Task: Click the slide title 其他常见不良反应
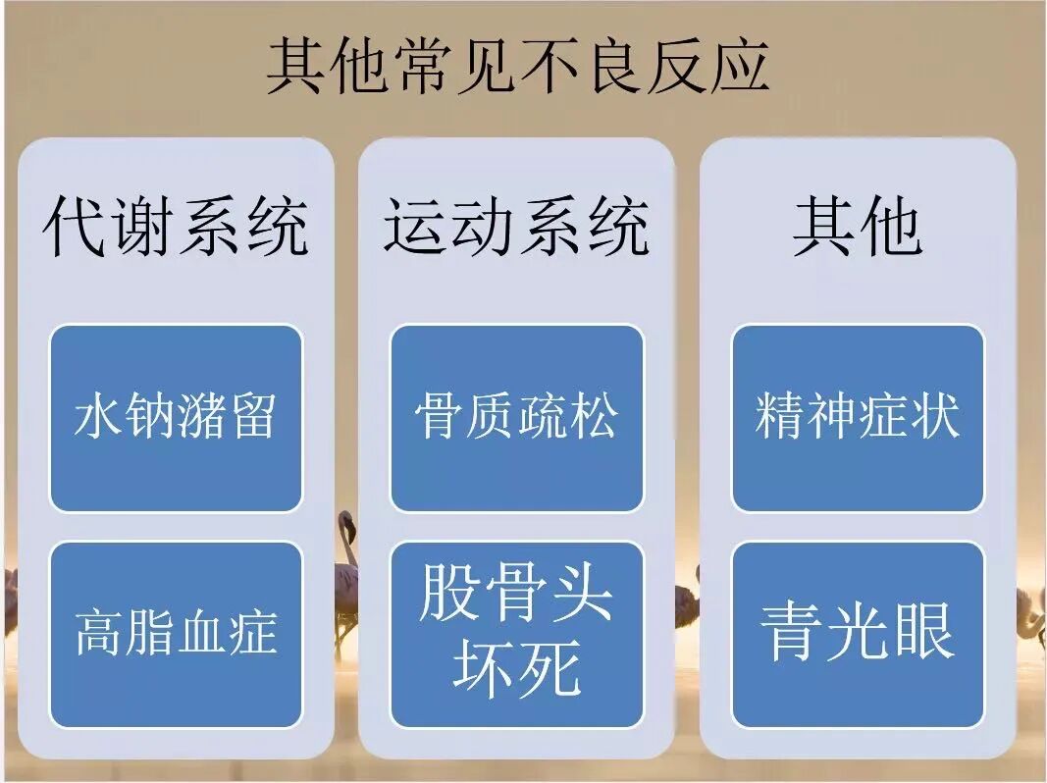click(518, 66)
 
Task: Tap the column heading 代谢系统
click(176, 226)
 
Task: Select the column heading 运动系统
click(516, 226)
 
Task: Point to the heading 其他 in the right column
click(858, 226)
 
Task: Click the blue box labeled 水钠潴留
click(177, 419)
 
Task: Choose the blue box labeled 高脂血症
click(177, 635)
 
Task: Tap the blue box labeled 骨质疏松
click(517, 419)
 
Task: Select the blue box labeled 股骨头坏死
click(517, 635)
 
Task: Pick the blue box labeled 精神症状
click(858, 419)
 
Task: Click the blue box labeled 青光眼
click(858, 635)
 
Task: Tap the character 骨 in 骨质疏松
click(440, 415)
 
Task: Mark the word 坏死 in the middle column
click(517, 669)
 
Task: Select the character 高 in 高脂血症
click(100, 632)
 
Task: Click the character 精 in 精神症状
click(780, 415)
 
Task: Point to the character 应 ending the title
click(740, 66)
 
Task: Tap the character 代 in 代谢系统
click(75, 226)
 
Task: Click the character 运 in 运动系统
click(415, 226)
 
